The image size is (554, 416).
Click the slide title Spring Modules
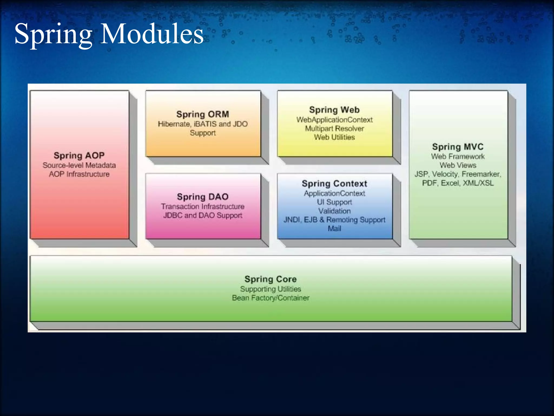[109, 34]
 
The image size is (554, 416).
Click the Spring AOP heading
[79, 155]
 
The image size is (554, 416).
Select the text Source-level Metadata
[79, 165]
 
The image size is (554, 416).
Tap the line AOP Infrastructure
[79, 174]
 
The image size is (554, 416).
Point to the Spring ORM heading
[203, 114]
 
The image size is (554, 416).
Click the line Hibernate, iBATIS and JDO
[203, 124]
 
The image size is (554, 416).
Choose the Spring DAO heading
[203, 197]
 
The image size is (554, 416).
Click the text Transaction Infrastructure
[203, 206]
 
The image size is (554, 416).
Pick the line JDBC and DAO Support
[203, 215]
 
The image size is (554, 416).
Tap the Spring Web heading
[334, 110]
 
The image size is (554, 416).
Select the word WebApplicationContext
[334, 120]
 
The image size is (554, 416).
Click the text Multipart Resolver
[334, 128]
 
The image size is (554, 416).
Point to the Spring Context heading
[334, 184]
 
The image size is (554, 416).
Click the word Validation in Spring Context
[334, 211]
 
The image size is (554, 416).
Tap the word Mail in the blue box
[334, 229]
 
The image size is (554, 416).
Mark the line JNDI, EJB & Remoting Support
[334, 220]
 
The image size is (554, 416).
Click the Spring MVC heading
[458, 147]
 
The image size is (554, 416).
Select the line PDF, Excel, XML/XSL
[458, 183]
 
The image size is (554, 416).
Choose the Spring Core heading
[271, 279]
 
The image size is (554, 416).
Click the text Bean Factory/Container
[271, 298]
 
